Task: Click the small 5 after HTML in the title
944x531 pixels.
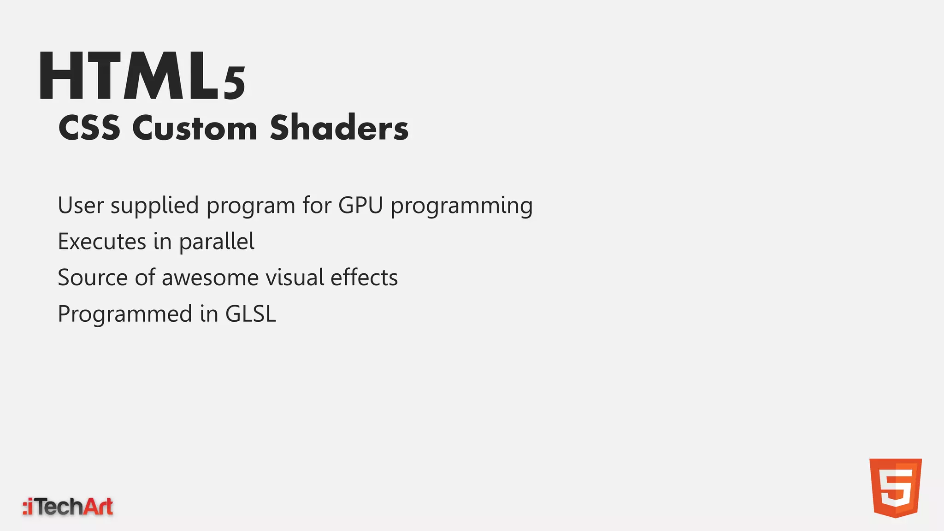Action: coord(235,84)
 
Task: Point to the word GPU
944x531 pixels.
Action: coord(360,205)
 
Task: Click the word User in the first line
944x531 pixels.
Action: coord(81,205)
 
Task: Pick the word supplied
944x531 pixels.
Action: coord(154,206)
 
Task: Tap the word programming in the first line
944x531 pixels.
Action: coord(462,206)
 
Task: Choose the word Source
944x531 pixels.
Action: coord(92,278)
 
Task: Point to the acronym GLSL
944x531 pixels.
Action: coord(250,314)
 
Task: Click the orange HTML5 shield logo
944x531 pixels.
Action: coord(895,488)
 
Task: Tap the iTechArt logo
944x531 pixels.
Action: coord(68,507)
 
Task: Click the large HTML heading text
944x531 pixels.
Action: coord(129,77)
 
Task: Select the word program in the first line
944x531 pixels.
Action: coord(250,206)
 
